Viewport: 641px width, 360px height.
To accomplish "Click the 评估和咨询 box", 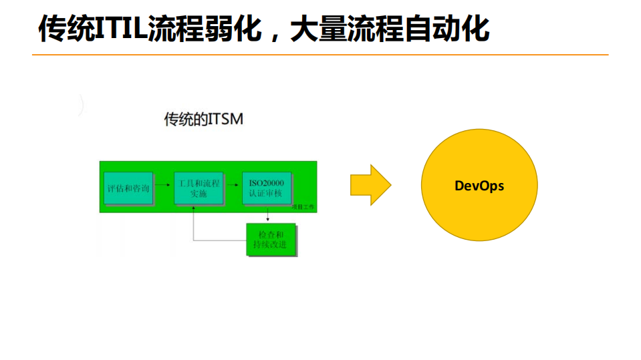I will point(128,188).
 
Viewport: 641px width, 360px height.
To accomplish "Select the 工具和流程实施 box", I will point(199,187).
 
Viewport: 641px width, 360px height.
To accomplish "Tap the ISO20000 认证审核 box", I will point(266,187).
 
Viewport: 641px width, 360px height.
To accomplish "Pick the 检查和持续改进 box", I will point(271,240).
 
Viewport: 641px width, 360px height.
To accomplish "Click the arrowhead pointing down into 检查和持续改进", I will point(267,218).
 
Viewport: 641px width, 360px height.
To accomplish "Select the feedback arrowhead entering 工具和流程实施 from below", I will point(194,208).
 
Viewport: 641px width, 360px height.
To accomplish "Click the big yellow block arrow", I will point(370,185).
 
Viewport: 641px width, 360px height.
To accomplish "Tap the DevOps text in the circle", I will point(479,186).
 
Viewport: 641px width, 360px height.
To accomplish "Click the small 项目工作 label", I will point(303,208).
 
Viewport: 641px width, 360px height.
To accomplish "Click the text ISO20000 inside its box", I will point(266,182).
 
